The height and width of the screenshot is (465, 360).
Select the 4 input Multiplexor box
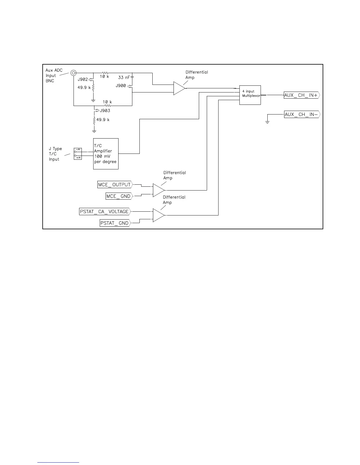point(250,95)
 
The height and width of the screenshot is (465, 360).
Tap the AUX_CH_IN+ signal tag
point(301,95)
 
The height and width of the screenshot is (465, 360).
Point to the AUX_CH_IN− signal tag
point(301,114)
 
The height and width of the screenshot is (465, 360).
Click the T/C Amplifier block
point(106,154)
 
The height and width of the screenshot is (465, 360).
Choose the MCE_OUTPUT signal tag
point(114,185)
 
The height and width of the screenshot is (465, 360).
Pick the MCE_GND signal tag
point(119,196)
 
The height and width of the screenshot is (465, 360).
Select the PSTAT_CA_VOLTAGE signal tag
point(105,211)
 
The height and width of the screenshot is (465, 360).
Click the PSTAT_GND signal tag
point(115,223)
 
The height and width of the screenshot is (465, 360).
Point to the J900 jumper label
point(121,86)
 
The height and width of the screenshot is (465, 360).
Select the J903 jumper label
point(105,111)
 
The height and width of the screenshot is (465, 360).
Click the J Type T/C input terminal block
point(78,154)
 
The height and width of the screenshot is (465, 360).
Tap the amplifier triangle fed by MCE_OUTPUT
point(158,190)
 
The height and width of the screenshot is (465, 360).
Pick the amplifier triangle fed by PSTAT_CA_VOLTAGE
point(158,215)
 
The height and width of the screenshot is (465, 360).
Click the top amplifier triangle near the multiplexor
point(179,88)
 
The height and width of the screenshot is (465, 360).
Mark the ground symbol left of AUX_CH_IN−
point(267,121)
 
